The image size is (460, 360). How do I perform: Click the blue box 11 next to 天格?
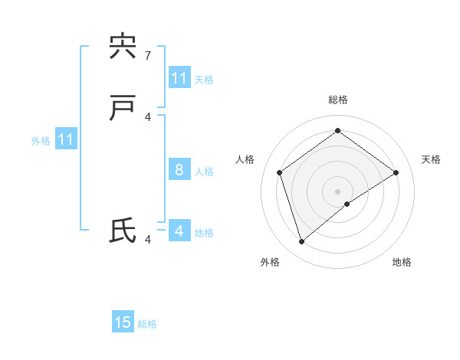pos(179,78)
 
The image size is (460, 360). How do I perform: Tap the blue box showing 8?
pos(179,169)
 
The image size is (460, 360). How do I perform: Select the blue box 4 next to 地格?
pos(179,231)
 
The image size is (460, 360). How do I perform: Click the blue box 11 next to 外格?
pos(66,139)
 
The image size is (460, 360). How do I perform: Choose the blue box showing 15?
pos(123,322)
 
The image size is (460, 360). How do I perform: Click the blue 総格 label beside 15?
pos(147,324)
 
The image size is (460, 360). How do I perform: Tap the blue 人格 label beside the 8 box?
pos(204,171)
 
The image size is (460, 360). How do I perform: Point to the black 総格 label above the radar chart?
pos(338,100)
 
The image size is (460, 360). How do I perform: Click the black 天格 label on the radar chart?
pos(431,159)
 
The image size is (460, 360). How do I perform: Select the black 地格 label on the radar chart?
pos(402,262)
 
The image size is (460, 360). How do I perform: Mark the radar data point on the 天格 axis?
pos(396,172)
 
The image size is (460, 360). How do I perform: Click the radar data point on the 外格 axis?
pos(301,242)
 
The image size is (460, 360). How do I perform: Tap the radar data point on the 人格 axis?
pos(280,172)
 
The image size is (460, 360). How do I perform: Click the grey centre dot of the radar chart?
pos(338,191)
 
